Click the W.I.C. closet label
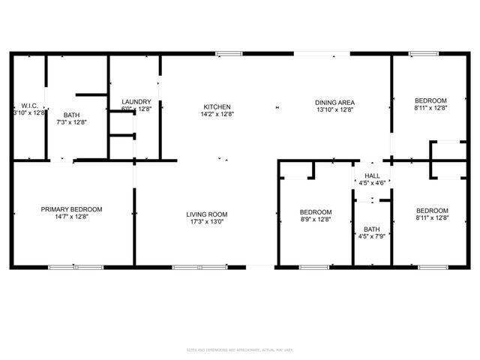pos(29,106)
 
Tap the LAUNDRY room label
pos(136,102)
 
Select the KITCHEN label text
pos(217,106)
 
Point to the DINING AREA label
pos(334,103)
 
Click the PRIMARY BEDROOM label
pos(71,209)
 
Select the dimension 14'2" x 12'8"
pos(217,114)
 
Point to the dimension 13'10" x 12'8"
pos(334,110)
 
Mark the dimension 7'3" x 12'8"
pos(71,121)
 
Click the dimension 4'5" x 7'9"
pos(372,236)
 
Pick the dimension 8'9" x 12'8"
pos(315,219)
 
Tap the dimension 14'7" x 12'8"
pos(71,217)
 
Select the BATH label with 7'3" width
pos(71,115)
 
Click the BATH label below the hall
pos(372,229)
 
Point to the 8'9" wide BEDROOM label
pos(315,211)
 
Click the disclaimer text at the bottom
pos(240,350)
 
